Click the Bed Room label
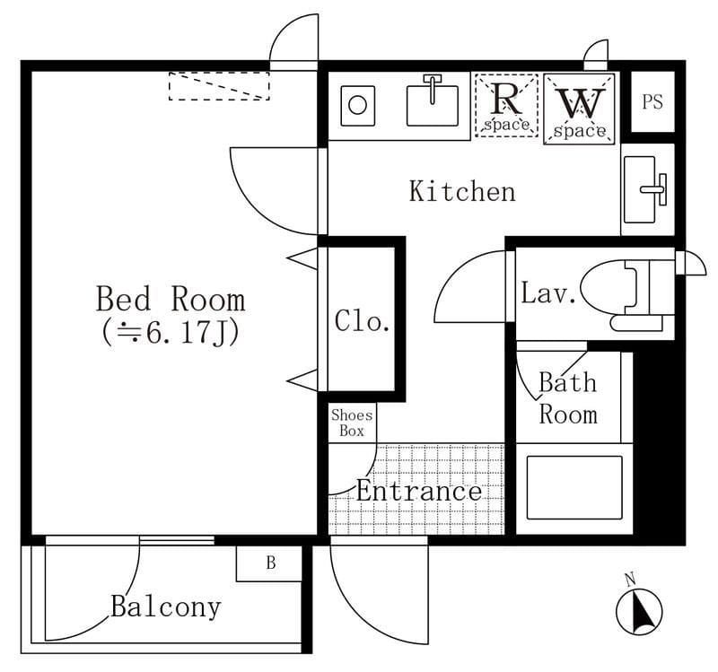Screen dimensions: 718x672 171,299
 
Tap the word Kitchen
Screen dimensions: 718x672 462,191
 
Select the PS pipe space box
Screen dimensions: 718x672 652,101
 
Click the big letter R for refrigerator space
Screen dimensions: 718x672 506,100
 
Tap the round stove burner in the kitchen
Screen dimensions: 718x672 357,105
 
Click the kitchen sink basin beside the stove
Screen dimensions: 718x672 433,106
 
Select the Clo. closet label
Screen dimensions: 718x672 362,320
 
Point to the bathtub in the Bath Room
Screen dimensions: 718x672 574,487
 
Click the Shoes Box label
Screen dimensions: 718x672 352,423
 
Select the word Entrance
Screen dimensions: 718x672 419,491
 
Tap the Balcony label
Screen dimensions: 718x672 166,607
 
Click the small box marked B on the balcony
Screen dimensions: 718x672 269,564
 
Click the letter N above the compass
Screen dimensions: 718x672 631,580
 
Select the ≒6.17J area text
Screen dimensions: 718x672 170,334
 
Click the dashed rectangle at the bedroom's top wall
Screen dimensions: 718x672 219,85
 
